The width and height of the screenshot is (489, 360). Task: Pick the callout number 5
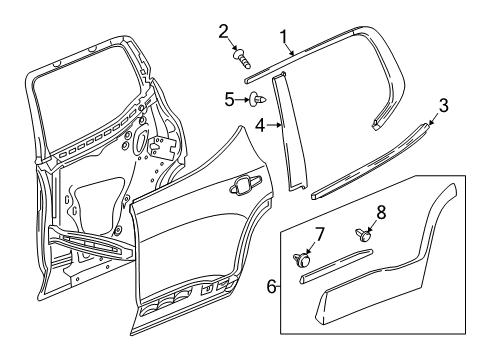(230, 99)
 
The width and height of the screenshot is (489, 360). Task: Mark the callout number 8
(381, 212)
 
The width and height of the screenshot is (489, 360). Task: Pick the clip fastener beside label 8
(362, 237)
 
